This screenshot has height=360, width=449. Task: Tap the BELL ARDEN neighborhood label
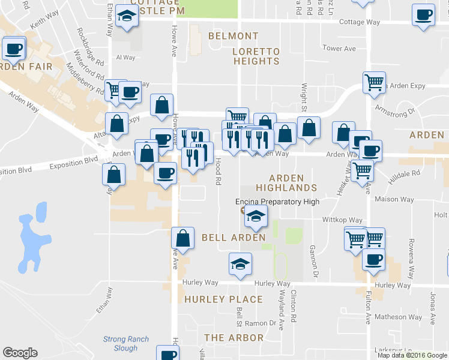point(232,238)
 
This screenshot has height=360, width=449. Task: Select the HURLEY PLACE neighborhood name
point(223,299)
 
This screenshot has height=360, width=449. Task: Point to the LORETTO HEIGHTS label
point(256,56)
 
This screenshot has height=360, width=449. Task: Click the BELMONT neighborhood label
point(233,36)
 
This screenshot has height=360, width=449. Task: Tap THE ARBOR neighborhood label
point(234,338)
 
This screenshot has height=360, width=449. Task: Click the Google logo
point(20,353)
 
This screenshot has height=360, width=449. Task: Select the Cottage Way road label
point(360,22)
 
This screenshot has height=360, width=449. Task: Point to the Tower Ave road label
point(339,49)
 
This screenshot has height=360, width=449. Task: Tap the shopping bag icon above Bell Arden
point(183,238)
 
